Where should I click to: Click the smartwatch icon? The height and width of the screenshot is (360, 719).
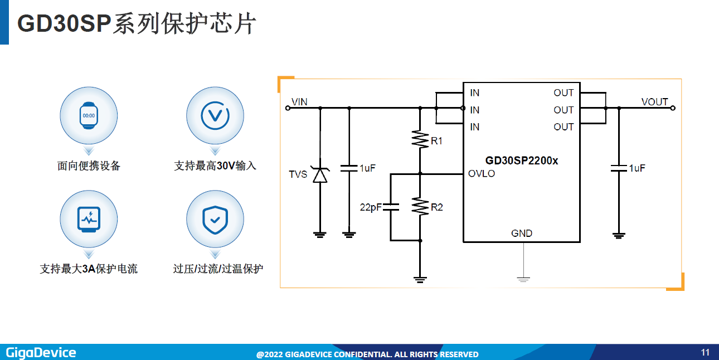pyautogui.click(x=89, y=115)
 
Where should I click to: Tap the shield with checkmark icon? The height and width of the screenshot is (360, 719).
pyautogui.click(x=215, y=220)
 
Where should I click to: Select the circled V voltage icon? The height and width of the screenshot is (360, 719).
pyautogui.click(x=215, y=115)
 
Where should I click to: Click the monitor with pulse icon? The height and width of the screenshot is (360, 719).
pyautogui.click(x=89, y=220)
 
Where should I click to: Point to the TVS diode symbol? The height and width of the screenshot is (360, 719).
pyautogui.click(x=320, y=175)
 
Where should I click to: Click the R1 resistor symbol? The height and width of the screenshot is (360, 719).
pyautogui.click(x=420, y=139)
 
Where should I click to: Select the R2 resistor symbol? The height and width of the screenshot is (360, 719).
pyautogui.click(x=420, y=206)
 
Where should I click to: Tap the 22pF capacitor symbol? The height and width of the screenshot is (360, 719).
pyautogui.click(x=391, y=207)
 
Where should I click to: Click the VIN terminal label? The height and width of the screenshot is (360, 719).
pyautogui.click(x=299, y=102)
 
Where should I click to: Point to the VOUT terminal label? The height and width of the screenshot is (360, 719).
pyautogui.click(x=654, y=102)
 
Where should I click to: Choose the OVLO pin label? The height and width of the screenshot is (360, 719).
pyautogui.click(x=482, y=173)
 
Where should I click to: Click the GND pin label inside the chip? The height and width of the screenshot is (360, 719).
pyautogui.click(x=522, y=233)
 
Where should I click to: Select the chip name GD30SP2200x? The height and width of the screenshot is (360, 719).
pyautogui.click(x=522, y=160)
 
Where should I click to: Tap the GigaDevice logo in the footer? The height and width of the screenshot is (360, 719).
pyautogui.click(x=41, y=353)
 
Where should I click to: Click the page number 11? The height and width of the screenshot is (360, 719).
pyautogui.click(x=705, y=352)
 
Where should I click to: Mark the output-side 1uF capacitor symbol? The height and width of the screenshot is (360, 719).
pyautogui.click(x=619, y=168)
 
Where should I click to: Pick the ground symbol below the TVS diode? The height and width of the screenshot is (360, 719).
pyautogui.click(x=320, y=235)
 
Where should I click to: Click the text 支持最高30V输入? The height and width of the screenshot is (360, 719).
pyautogui.click(x=215, y=166)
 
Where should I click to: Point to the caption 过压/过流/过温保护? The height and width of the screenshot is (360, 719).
pyautogui.click(x=218, y=269)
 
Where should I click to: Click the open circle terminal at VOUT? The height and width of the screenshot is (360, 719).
pyautogui.click(x=673, y=108)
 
